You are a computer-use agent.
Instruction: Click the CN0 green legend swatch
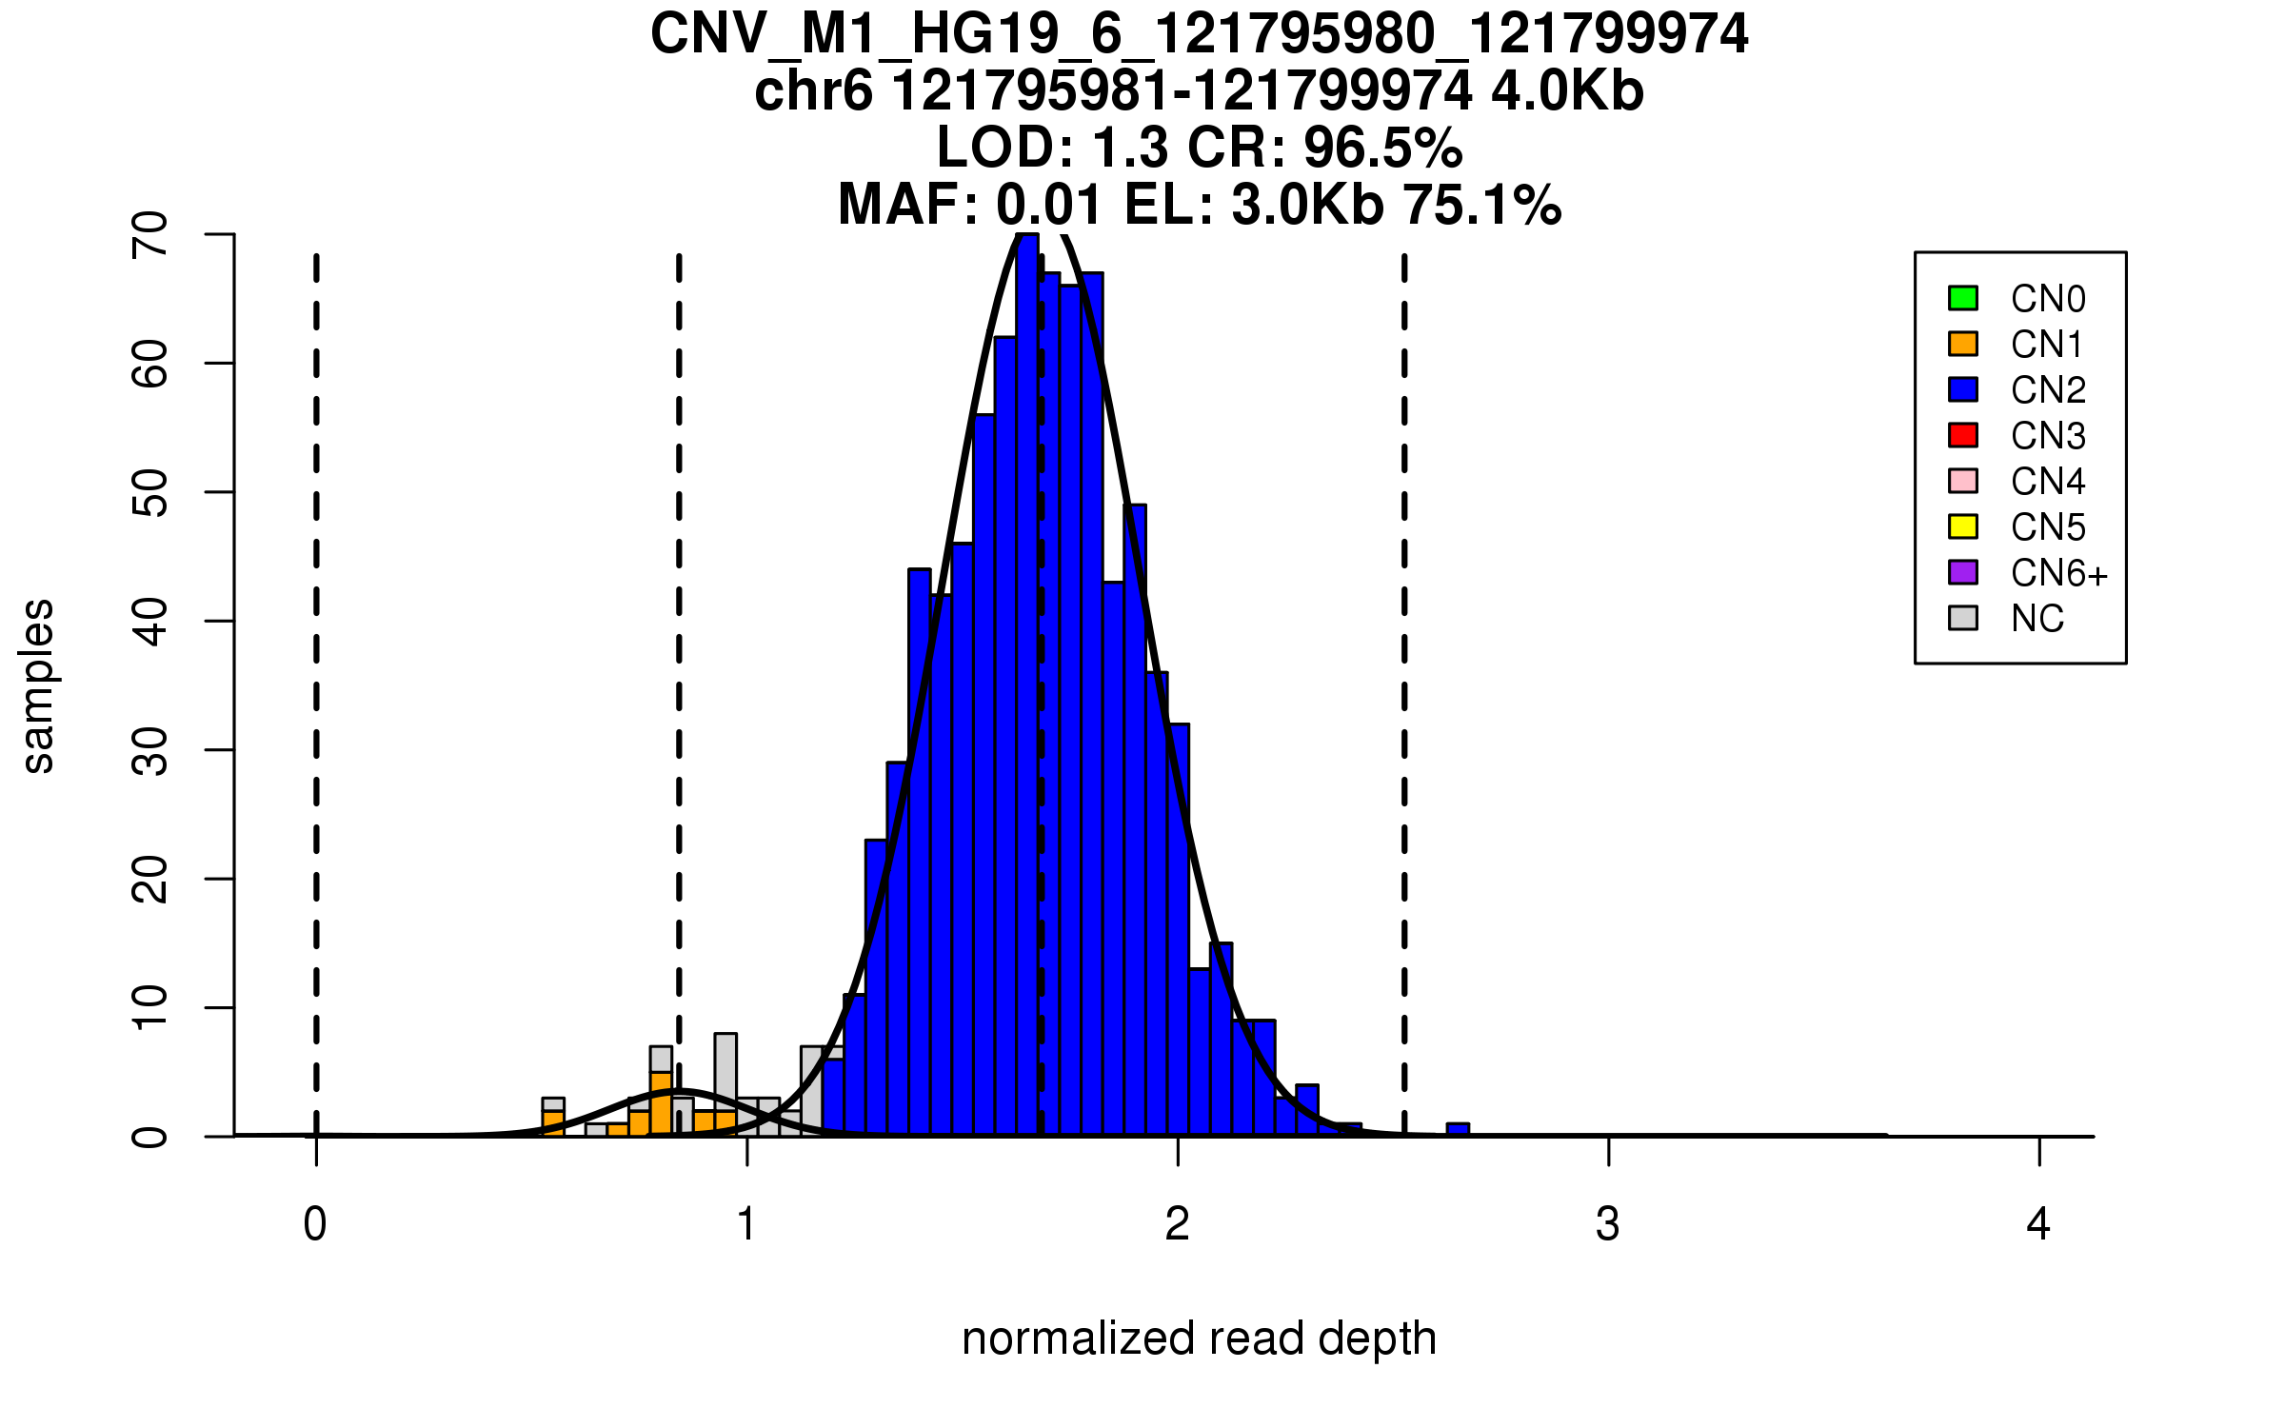[1963, 298]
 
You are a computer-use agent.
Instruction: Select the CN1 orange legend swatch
[1963, 344]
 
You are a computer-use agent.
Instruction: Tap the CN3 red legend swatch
[1963, 435]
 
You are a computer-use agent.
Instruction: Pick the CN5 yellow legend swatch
[1963, 526]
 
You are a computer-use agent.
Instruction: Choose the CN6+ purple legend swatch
[1963, 572]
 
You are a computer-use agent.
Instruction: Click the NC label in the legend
[2037, 619]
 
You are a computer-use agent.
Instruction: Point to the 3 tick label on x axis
[1608, 1224]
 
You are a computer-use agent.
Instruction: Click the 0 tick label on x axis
[315, 1224]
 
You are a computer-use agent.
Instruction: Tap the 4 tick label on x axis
[2038, 1224]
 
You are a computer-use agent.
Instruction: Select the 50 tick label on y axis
[150, 492]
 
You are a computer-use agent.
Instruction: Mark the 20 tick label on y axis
[150, 879]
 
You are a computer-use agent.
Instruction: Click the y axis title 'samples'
[38, 685]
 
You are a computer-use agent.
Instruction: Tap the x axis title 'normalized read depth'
[1199, 1339]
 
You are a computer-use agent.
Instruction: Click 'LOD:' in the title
[1004, 149]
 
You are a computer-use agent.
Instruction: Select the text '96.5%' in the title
[1382, 149]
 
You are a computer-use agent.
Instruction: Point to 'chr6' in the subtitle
[813, 92]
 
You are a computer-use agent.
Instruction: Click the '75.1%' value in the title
[1482, 206]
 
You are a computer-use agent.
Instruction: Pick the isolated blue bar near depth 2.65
[1458, 1130]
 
